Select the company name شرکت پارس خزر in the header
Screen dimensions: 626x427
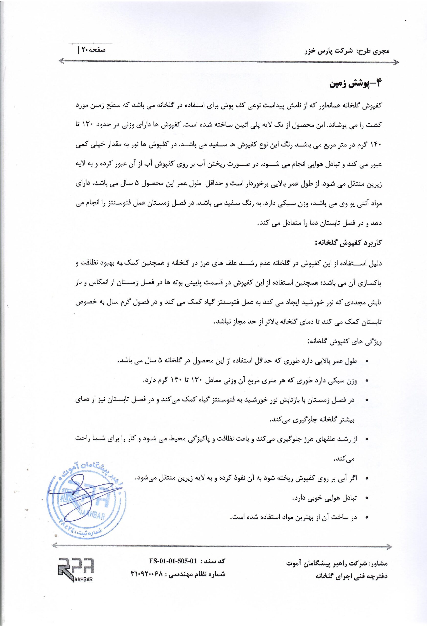[327, 51]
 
